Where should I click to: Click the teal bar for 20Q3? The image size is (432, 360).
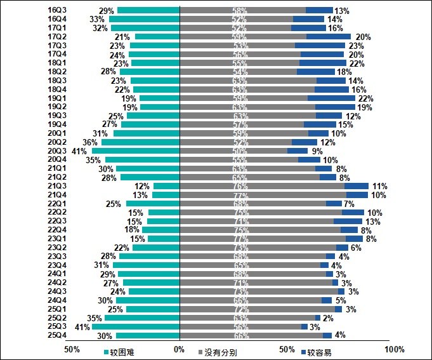point(136,151)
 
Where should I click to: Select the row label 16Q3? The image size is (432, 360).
point(58,10)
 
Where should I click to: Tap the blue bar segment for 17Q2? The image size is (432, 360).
point(328,37)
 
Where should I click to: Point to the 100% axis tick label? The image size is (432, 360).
point(395,350)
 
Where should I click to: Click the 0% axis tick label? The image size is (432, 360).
point(180,350)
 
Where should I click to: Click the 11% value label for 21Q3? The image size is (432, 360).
point(379,187)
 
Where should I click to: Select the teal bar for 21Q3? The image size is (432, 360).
point(167,187)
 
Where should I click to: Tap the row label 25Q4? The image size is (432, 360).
point(58,335)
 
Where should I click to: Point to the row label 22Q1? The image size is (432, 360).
point(58,204)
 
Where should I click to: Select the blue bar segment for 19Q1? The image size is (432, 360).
point(331,98)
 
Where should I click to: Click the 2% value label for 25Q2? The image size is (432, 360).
point(328,318)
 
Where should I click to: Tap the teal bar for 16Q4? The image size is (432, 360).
point(145,19)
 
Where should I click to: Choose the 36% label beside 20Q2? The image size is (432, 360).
point(90,142)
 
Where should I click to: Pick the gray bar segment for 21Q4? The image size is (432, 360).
point(263,195)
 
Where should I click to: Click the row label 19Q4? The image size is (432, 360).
point(58,124)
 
